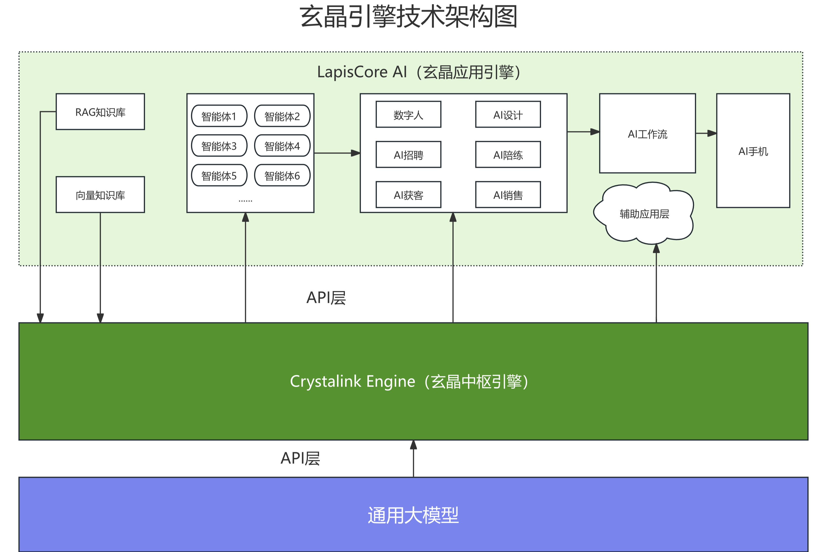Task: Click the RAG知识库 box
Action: [x=100, y=112]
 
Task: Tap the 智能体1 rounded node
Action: [x=219, y=116]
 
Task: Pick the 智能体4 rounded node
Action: [x=282, y=146]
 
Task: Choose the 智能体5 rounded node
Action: [x=219, y=175]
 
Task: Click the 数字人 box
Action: [x=408, y=115]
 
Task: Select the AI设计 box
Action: [x=508, y=115]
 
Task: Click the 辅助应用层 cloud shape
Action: [x=644, y=214]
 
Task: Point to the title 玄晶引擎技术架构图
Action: [x=408, y=16]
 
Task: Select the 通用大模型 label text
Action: [x=413, y=515]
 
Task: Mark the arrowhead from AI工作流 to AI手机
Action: [x=712, y=133]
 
